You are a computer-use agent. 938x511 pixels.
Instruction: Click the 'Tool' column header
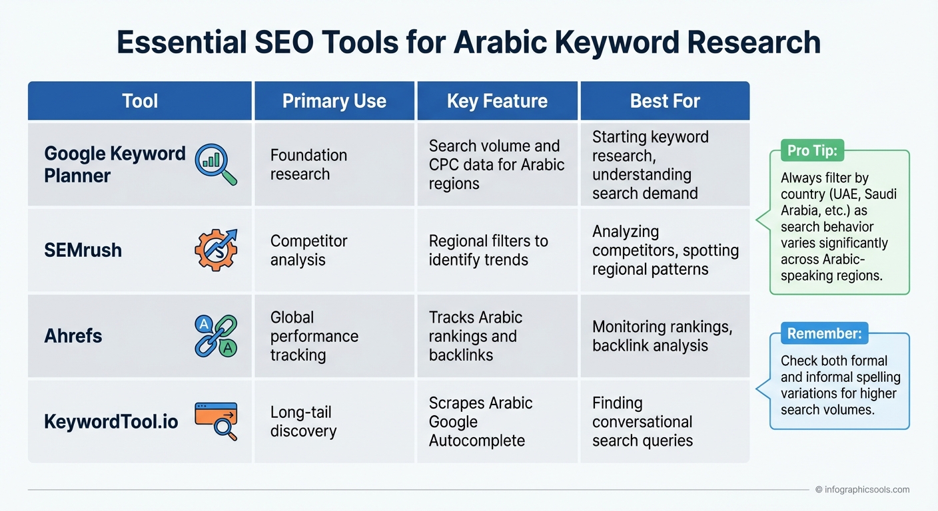click(x=140, y=101)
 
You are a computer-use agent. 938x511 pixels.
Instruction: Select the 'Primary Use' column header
click(x=334, y=101)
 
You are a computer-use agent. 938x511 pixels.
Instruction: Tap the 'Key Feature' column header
click(x=497, y=101)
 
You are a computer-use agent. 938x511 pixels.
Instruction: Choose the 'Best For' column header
click(x=665, y=101)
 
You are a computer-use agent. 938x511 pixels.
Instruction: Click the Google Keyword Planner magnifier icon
click(x=215, y=165)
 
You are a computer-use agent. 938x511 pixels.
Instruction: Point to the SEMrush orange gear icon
click(x=215, y=250)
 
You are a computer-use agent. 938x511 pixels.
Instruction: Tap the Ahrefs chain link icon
click(x=215, y=335)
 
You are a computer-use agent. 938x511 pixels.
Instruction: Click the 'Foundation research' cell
click(x=308, y=164)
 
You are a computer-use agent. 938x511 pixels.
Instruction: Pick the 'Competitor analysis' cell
click(x=308, y=250)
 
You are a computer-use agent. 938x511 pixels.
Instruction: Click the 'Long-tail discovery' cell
click(x=303, y=421)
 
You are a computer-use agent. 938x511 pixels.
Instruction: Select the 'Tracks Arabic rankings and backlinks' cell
click(x=475, y=335)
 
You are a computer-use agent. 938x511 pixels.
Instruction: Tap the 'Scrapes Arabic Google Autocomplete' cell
click(x=480, y=421)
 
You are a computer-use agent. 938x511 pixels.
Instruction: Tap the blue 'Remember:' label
click(x=824, y=333)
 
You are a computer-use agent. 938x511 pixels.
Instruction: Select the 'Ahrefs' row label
click(x=73, y=335)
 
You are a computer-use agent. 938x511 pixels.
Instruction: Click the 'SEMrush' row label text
click(x=83, y=250)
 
